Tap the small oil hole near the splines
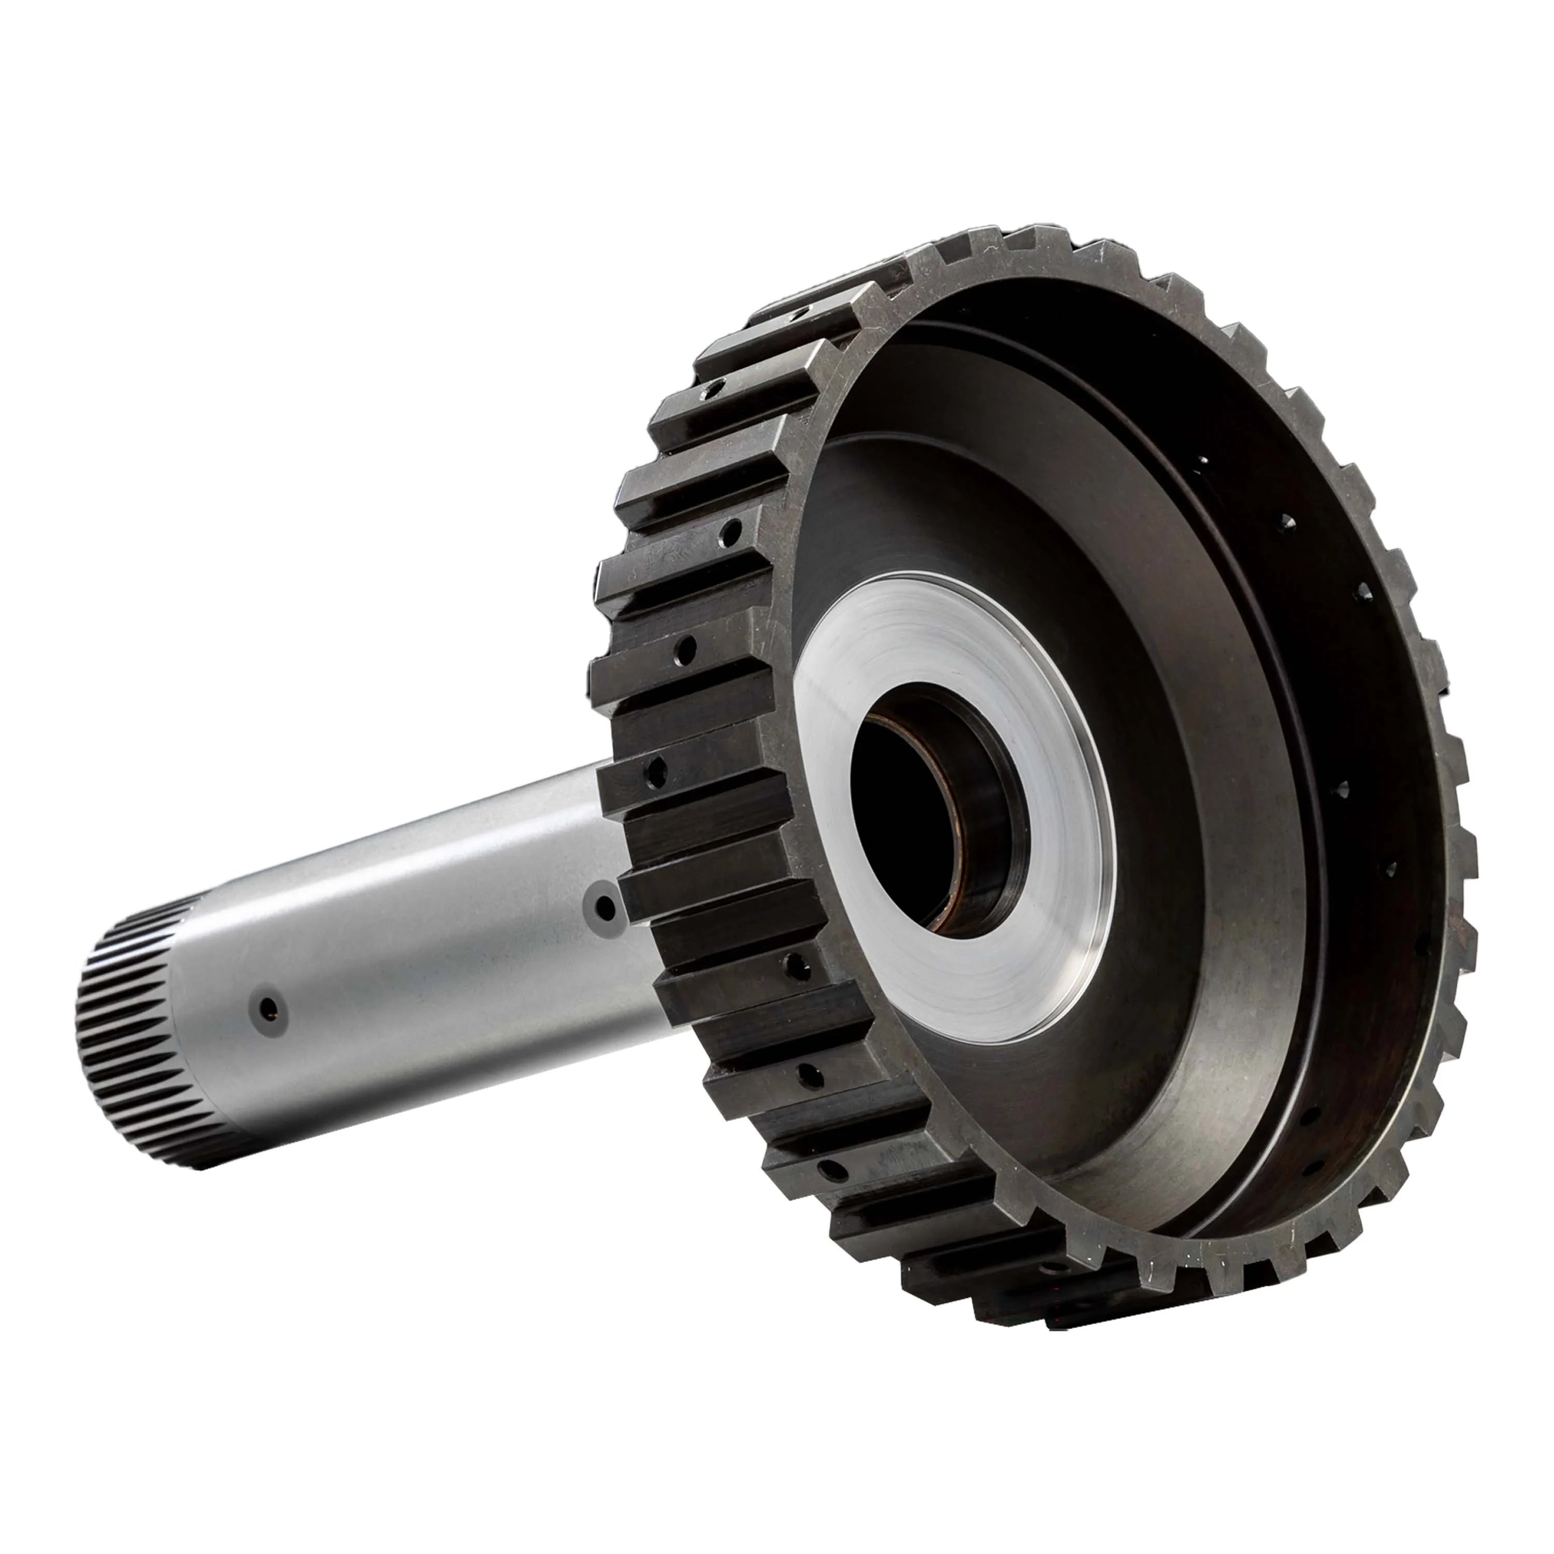click(x=269, y=1008)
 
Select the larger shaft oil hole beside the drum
click(x=603, y=910)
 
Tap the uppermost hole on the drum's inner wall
click(x=1204, y=461)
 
